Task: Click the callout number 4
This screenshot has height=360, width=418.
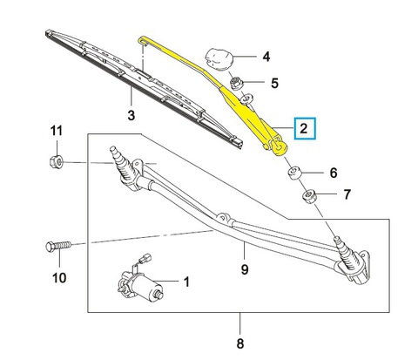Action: point(266,57)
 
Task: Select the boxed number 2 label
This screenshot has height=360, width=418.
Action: point(305,128)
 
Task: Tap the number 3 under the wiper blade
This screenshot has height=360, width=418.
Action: point(131,115)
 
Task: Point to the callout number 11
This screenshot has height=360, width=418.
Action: point(57,131)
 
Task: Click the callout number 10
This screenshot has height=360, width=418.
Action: point(59,278)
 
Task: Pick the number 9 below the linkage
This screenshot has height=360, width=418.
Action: point(245,269)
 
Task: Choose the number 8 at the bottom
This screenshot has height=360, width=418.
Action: point(239,343)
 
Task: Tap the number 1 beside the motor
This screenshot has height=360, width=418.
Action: point(186,282)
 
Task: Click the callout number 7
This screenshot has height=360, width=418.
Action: point(347,194)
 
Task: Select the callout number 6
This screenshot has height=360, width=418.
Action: point(334,173)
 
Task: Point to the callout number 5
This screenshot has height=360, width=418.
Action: point(274,83)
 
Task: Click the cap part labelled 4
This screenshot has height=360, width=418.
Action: point(219,59)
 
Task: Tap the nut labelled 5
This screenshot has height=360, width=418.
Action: point(235,84)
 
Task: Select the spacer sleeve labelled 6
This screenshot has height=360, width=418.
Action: point(294,173)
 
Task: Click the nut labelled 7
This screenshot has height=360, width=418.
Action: point(309,196)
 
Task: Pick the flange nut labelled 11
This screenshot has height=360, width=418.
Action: point(57,161)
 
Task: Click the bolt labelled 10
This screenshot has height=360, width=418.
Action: point(58,247)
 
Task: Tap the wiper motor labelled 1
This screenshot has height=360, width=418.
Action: point(140,285)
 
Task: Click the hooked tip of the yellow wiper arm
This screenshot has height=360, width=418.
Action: point(142,39)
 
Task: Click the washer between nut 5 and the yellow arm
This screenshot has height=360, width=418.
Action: point(246,98)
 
